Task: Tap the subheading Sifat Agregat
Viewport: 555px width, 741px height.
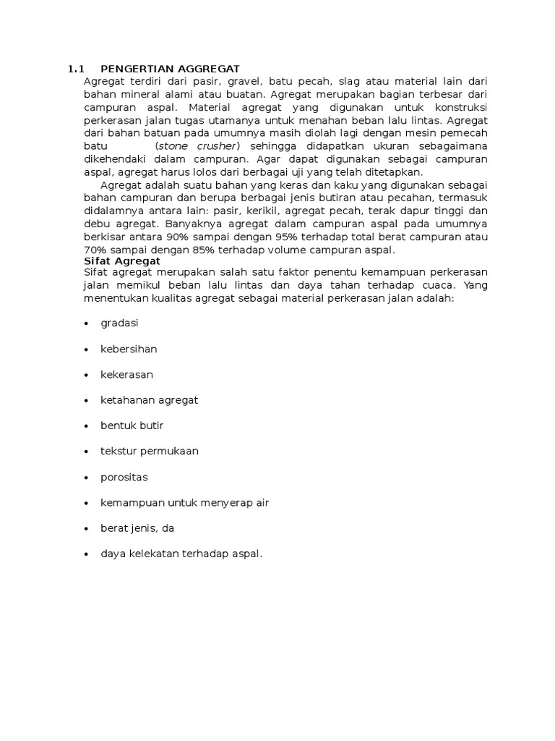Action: point(122,261)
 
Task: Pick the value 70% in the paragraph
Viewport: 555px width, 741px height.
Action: point(96,250)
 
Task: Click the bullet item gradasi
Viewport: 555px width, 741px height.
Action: point(119,323)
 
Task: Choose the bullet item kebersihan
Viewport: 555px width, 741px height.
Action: point(129,349)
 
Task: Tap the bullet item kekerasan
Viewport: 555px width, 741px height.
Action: point(126,374)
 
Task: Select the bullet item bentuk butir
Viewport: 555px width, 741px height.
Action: point(126,425)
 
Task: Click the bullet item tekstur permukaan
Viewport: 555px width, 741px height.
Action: point(149,451)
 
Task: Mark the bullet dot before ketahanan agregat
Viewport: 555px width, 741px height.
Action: point(86,400)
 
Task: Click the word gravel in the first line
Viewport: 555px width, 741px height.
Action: point(245,82)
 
